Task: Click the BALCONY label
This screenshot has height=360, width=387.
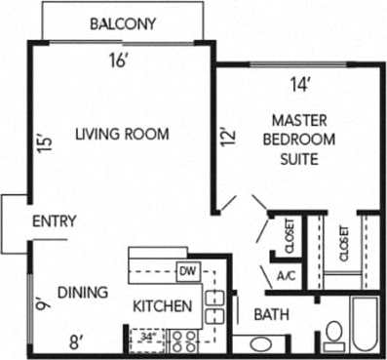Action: coord(123,23)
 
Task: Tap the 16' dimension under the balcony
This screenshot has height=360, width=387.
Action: coord(118,60)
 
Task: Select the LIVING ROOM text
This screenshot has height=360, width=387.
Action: coord(124,134)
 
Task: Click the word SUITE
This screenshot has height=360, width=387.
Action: coord(298,158)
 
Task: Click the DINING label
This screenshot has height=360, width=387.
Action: coord(82,291)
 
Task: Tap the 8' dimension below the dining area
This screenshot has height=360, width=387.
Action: coord(75,340)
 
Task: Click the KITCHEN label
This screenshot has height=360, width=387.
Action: coord(162,306)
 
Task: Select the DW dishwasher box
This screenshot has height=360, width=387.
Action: coord(188,270)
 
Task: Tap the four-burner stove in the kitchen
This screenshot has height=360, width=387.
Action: coord(183,340)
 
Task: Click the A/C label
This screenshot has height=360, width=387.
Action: coord(287,276)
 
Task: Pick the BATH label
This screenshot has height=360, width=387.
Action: coord(270,314)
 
